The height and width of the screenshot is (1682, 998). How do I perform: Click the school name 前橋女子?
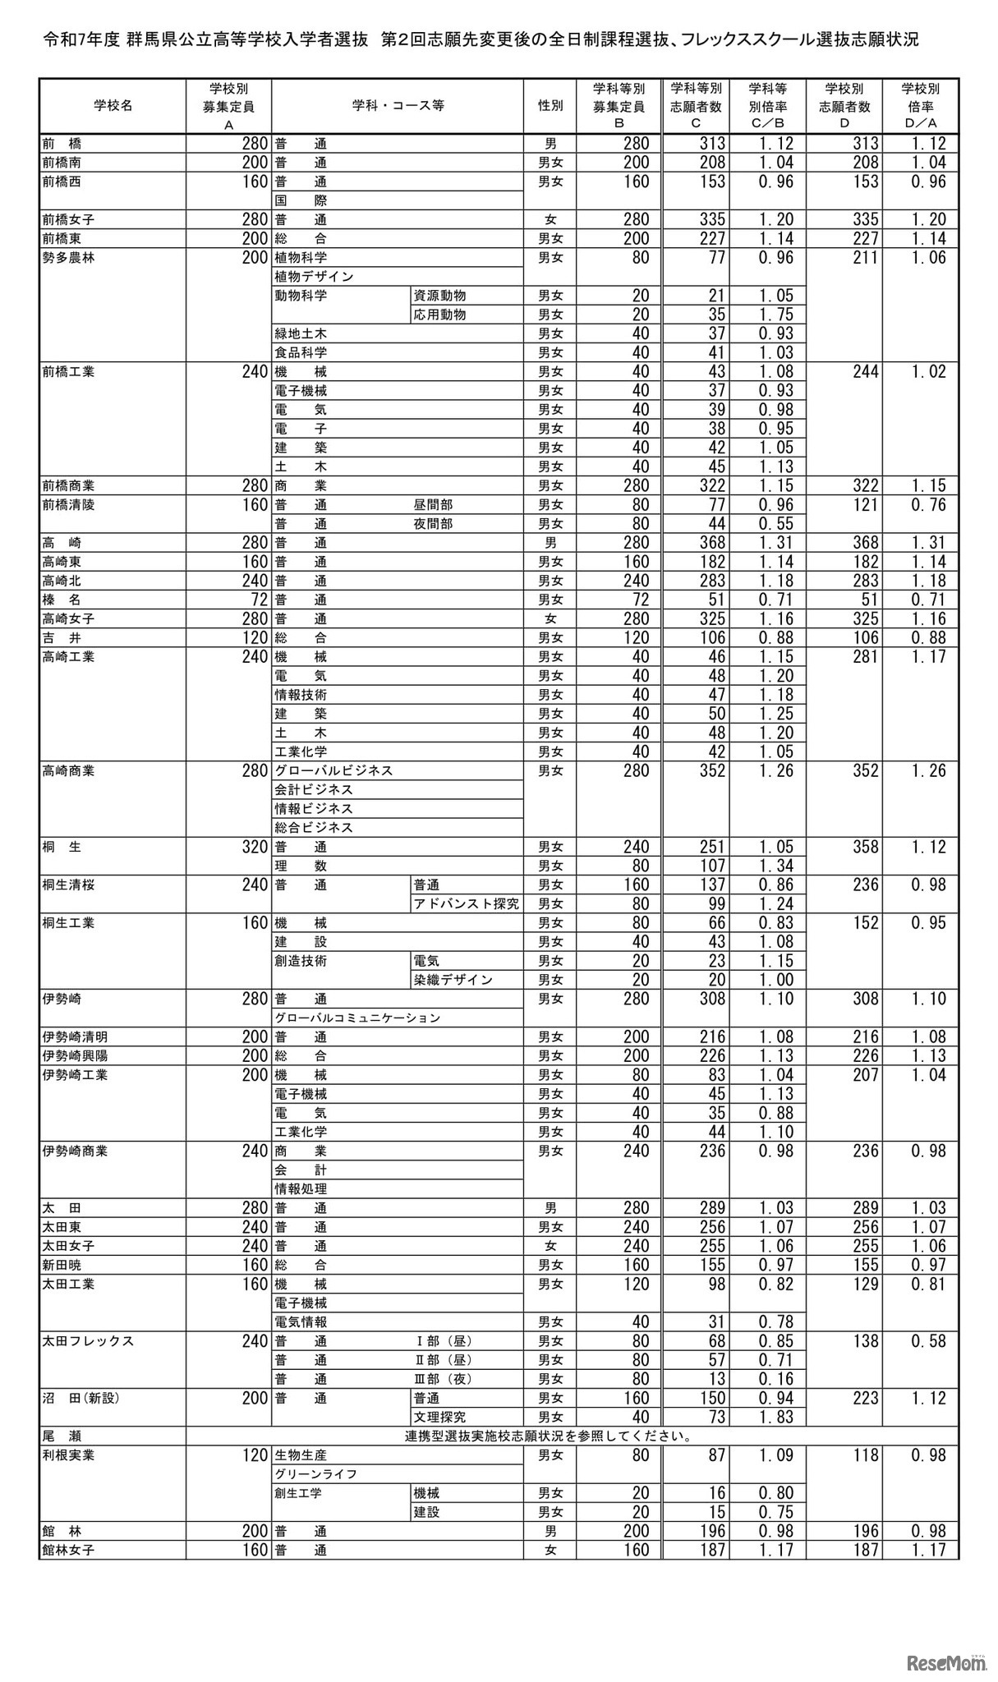(68, 219)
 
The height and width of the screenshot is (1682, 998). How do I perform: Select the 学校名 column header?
(113, 106)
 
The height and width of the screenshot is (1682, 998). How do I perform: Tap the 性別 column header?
(550, 106)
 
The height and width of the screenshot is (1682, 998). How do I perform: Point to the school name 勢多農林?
(68, 258)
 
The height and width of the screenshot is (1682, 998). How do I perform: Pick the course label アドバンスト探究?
(467, 904)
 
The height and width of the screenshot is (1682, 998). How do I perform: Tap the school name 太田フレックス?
(88, 1341)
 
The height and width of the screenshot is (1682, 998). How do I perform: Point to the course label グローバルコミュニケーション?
(357, 1018)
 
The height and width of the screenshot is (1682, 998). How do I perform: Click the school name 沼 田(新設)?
(81, 1398)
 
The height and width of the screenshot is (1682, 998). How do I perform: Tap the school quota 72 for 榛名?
(255, 600)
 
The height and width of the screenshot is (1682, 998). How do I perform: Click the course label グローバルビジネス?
(333, 771)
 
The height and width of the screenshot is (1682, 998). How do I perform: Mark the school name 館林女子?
(68, 1551)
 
